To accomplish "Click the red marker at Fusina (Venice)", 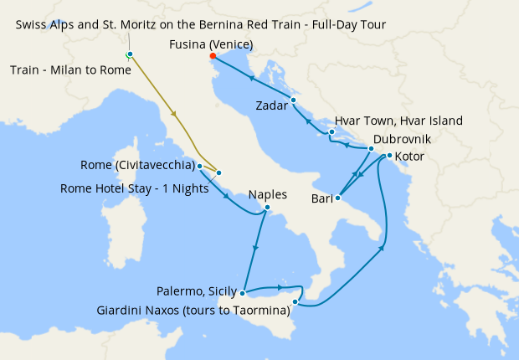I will pos(213,56).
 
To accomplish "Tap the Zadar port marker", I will pos(293,100).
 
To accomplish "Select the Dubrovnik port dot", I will pos(370,149).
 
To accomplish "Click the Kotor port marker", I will pos(389,156).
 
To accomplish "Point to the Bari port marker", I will pos(337,198).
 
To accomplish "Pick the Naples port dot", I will pos(267,207).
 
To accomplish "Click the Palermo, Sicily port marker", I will pos(242,293).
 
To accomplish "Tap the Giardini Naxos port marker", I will pos(295,301).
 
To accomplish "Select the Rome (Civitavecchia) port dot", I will pos(199,167).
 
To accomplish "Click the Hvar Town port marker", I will pos(332,131).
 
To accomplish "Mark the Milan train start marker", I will pos(129,54).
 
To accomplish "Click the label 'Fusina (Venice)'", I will pos(211,44).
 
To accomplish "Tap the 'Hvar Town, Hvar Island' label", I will pos(398,121).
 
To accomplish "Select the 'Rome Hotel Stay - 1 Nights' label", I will pos(134,188).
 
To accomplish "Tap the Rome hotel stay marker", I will pos(219,173).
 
